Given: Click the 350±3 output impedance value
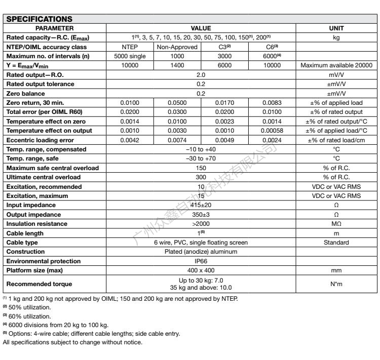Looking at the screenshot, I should click(201, 214).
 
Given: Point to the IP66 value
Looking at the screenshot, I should click(201, 261).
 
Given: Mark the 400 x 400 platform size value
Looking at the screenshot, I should click(201, 270).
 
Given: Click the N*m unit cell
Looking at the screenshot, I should click(336, 284).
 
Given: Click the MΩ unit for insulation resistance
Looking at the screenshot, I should click(336, 223).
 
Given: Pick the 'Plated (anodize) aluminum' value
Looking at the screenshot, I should click(201, 252).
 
